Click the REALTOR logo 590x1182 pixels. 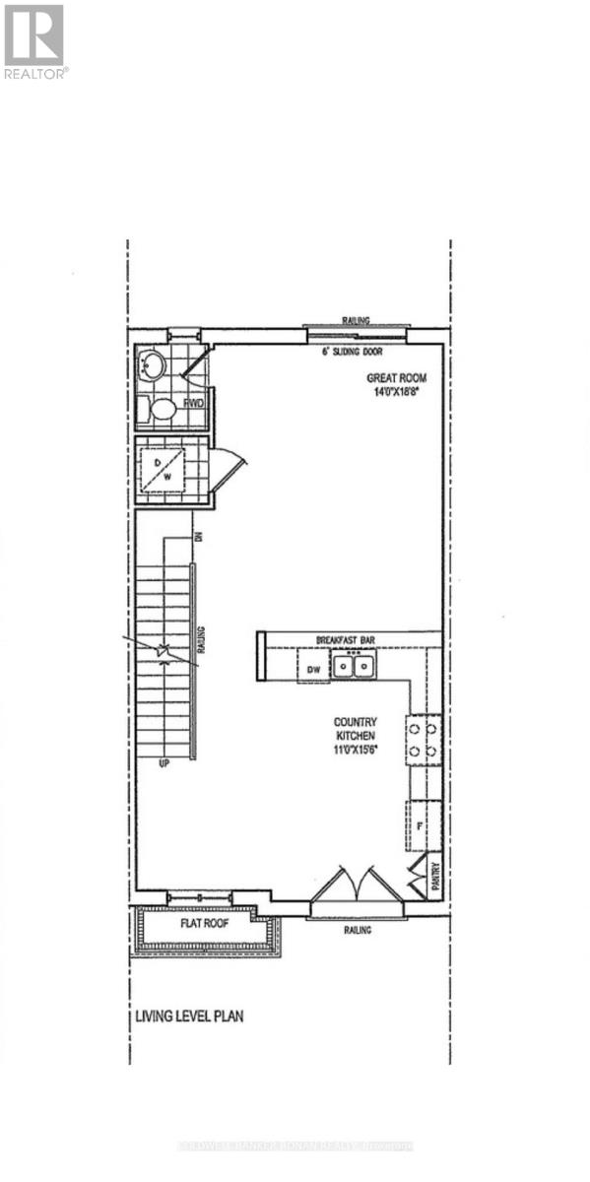click(x=34, y=40)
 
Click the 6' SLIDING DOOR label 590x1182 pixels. click(x=352, y=352)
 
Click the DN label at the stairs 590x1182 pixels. click(x=198, y=536)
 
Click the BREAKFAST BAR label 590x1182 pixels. click(x=350, y=638)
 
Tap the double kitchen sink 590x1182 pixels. click(x=353, y=668)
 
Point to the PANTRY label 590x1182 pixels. click(x=435, y=879)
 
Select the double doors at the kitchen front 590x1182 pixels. click(x=356, y=884)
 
